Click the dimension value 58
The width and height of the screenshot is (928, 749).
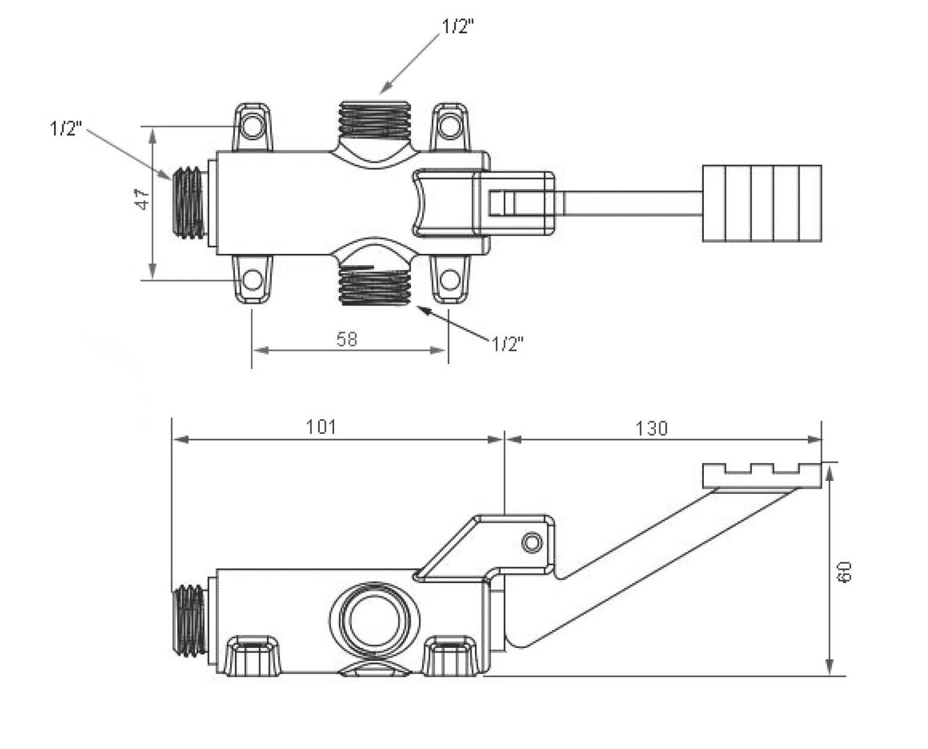[x=347, y=339]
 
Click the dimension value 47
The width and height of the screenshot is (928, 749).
[x=143, y=199]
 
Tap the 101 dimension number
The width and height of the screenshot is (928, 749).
[x=321, y=427]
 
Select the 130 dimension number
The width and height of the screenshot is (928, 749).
[x=652, y=429]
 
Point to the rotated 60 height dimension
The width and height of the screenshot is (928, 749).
[x=845, y=572]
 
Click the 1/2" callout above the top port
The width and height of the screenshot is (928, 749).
[x=458, y=27]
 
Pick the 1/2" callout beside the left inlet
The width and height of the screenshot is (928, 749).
[x=66, y=128]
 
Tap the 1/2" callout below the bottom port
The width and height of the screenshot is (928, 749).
[x=507, y=344]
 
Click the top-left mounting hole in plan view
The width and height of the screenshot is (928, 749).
[x=253, y=127]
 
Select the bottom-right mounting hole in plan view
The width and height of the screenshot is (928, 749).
[x=449, y=280]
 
